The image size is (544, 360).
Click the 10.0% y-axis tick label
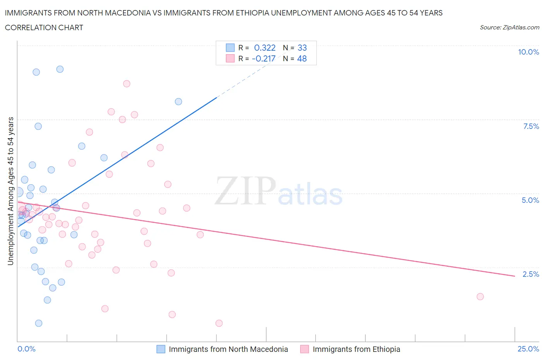pyautogui.click(x=528, y=52)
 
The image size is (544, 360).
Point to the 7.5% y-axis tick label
pyautogui.click(x=530, y=126)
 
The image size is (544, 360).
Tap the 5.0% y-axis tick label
pyautogui.click(x=530, y=200)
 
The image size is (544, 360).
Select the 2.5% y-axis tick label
pyautogui.click(x=530, y=274)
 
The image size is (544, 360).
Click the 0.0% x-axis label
pyautogui.click(x=26, y=349)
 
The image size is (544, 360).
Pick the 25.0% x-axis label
pyautogui.click(x=528, y=349)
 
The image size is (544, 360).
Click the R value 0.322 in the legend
pyautogui.click(x=265, y=48)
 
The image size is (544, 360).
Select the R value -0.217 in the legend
pyautogui.click(x=263, y=58)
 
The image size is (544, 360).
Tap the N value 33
pyautogui.click(x=302, y=48)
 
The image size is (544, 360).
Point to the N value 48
pyautogui.click(x=302, y=58)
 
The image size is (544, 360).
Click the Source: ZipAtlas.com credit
pyautogui.click(x=509, y=27)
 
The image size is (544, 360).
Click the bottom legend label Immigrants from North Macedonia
pyautogui.click(x=228, y=349)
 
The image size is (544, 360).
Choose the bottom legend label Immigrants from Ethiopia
pyautogui.click(x=356, y=349)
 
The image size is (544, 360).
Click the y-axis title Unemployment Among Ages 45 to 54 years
pyautogui.click(x=11, y=191)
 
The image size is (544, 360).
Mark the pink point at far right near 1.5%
pyautogui.click(x=480, y=297)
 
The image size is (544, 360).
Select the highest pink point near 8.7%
pyautogui.click(x=127, y=84)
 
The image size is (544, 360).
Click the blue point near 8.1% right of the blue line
pyautogui.click(x=178, y=102)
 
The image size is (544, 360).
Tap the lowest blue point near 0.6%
pyautogui.click(x=39, y=323)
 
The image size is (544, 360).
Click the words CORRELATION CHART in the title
pyautogui.click(x=44, y=27)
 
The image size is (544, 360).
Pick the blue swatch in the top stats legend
pyautogui.click(x=230, y=48)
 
